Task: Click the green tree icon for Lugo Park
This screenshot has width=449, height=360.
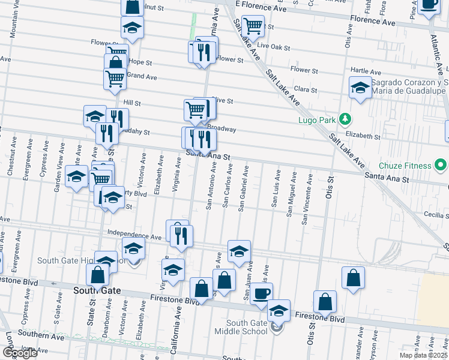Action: pos(345,119)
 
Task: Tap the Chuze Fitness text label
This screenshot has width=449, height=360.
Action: pos(405,166)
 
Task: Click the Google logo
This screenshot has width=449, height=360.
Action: pos(20,353)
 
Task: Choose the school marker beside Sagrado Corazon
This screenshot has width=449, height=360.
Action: pos(360,88)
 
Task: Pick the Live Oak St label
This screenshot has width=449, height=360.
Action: pos(273,46)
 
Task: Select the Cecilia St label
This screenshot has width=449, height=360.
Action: pos(428,214)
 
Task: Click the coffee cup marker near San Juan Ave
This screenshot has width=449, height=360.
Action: pos(261,293)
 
